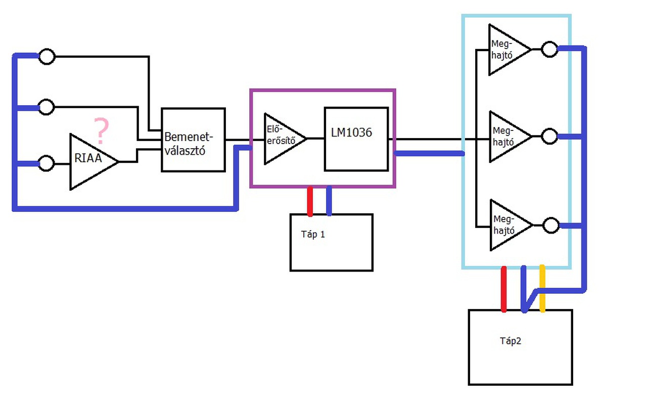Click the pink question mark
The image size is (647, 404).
[x=102, y=130]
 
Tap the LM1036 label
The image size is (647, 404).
[x=351, y=132]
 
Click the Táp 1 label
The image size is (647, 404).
[x=313, y=235]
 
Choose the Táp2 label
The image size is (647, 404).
[x=511, y=341]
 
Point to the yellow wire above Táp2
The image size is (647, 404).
[x=542, y=288]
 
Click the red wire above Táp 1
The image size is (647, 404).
[x=310, y=201]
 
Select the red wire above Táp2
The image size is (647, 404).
[x=504, y=289]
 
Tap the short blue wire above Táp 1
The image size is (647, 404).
[x=329, y=201]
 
